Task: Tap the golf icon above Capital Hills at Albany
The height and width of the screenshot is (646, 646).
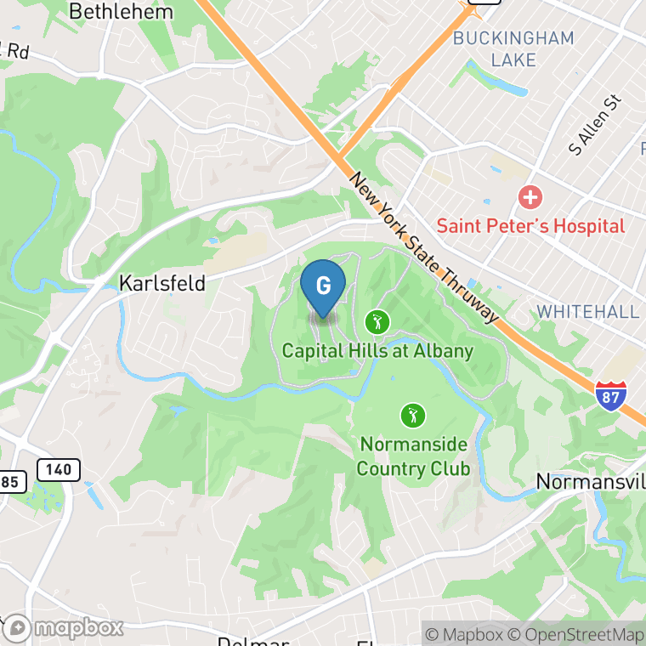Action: [x=377, y=322]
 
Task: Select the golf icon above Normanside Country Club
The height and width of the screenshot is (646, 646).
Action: [x=413, y=416]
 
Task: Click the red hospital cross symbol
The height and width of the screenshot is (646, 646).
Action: [x=530, y=199]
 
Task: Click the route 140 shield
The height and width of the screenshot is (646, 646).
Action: [x=59, y=469]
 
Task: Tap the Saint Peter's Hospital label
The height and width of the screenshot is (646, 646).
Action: [x=530, y=226]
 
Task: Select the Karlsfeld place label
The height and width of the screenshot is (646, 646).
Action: [x=162, y=283]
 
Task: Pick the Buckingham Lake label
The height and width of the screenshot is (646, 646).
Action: [x=513, y=49]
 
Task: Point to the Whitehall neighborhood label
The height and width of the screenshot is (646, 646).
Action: [x=588, y=311]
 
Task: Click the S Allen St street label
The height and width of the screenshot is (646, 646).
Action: [x=595, y=125]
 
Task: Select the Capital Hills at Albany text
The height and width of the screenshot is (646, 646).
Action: [x=377, y=350]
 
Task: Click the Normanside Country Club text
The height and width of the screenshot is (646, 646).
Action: [x=413, y=456]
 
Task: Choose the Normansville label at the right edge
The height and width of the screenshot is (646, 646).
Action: [x=590, y=481]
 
